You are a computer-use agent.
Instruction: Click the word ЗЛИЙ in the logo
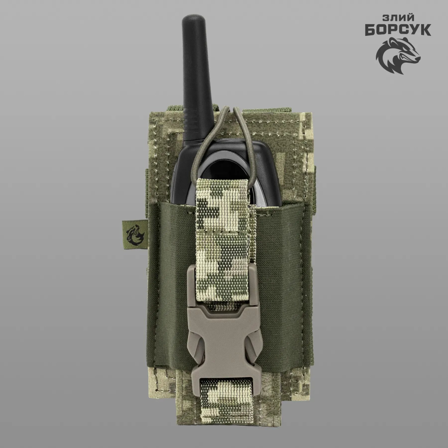click(398, 18)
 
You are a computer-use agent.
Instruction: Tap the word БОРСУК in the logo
click(398, 30)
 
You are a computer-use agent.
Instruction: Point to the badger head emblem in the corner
click(398, 56)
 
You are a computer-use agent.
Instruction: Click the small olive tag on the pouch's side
click(134, 233)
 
